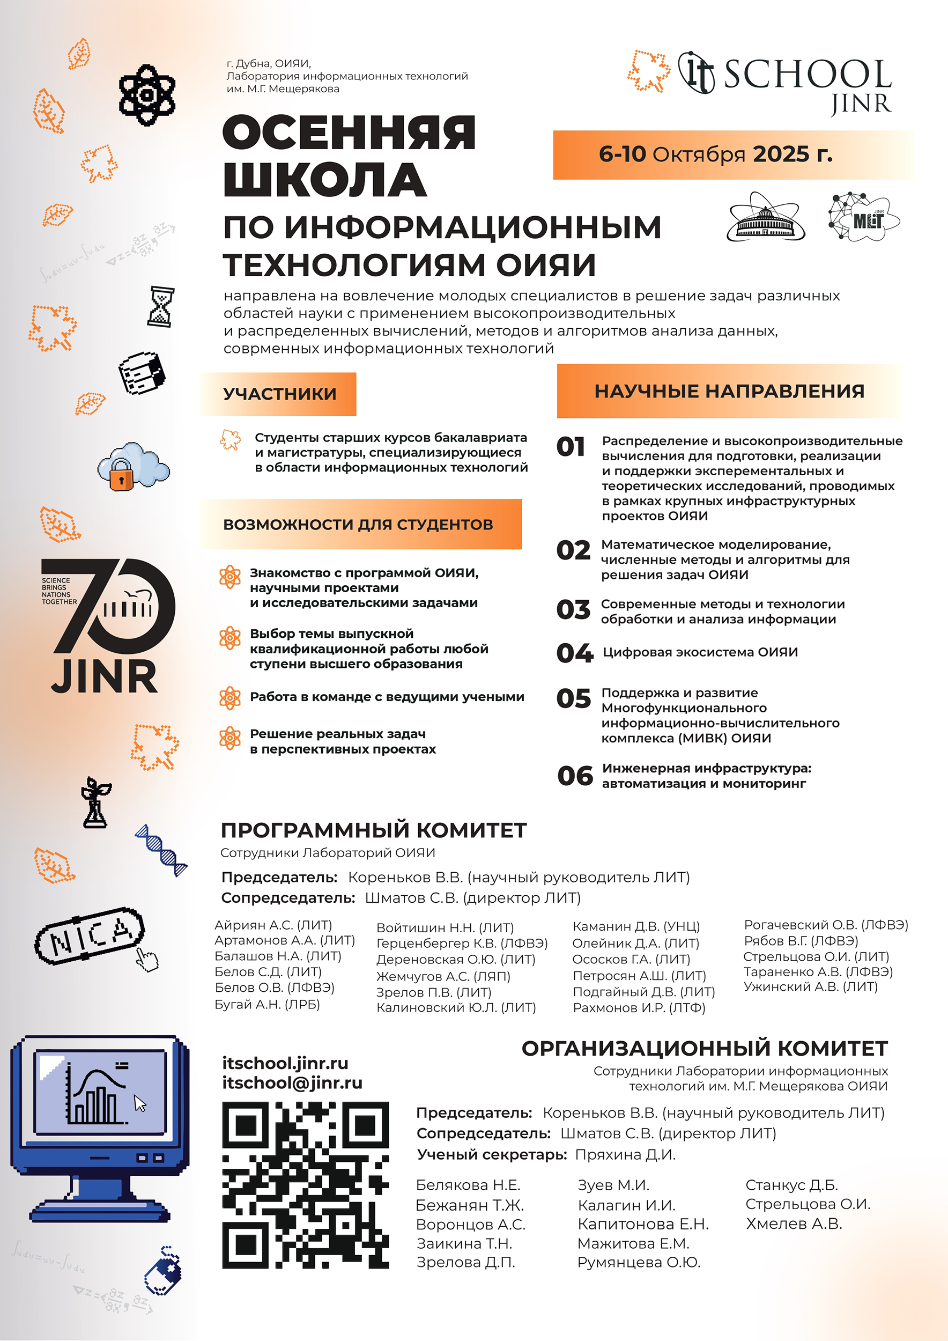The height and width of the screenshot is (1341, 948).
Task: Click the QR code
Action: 305,1185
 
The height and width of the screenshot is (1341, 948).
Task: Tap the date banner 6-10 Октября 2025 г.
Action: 715,154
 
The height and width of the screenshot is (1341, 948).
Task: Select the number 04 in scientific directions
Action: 574,653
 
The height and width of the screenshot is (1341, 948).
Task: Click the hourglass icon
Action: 160,306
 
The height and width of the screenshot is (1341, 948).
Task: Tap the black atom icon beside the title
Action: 146,94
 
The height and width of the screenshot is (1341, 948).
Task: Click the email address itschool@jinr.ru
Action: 292,1083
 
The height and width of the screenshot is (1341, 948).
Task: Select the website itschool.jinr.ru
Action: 285,1063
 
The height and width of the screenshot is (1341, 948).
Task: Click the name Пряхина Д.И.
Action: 625,1155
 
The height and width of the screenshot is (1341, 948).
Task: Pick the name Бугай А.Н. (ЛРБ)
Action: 268,1005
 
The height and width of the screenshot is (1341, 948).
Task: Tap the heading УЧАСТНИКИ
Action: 279,394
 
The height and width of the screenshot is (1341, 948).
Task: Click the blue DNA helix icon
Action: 161,850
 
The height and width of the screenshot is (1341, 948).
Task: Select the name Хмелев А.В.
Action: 794,1224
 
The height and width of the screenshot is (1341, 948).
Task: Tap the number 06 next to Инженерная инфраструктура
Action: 574,776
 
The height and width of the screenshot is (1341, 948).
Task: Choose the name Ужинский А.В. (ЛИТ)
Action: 810,986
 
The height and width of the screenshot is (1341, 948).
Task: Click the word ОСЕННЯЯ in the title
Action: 349,132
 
